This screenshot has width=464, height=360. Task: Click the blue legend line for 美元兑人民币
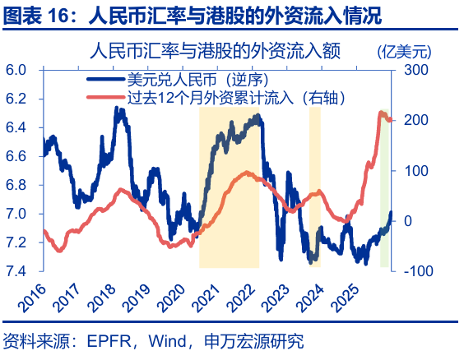click(x=104, y=80)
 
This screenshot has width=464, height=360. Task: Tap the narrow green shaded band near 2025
click(x=384, y=189)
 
